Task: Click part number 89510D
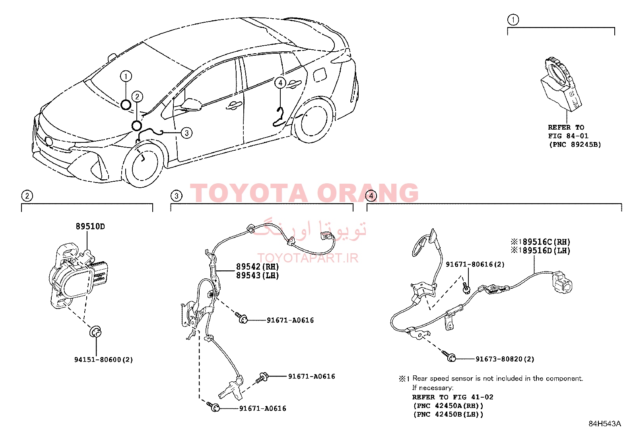click(x=90, y=226)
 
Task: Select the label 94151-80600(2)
click(x=103, y=359)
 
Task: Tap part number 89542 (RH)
click(x=257, y=266)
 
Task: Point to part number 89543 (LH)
click(x=257, y=275)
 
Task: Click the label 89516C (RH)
click(x=546, y=242)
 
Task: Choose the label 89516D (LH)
click(x=546, y=251)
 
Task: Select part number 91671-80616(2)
click(x=475, y=264)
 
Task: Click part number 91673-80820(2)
click(x=505, y=359)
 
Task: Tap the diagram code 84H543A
click(x=605, y=423)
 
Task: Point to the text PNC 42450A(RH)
click(x=448, y=406)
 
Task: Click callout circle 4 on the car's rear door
click(x=280, y=83)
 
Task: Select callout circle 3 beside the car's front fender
click(x=186, y=132)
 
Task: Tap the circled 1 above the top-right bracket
click(x=513, y=20)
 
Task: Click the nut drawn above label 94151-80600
click(x=95, y=332)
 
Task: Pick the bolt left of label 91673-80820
click(x=449, y=356)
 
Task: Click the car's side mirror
click(x=191, y=104)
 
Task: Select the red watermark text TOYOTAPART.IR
click(x=308, y=258)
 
